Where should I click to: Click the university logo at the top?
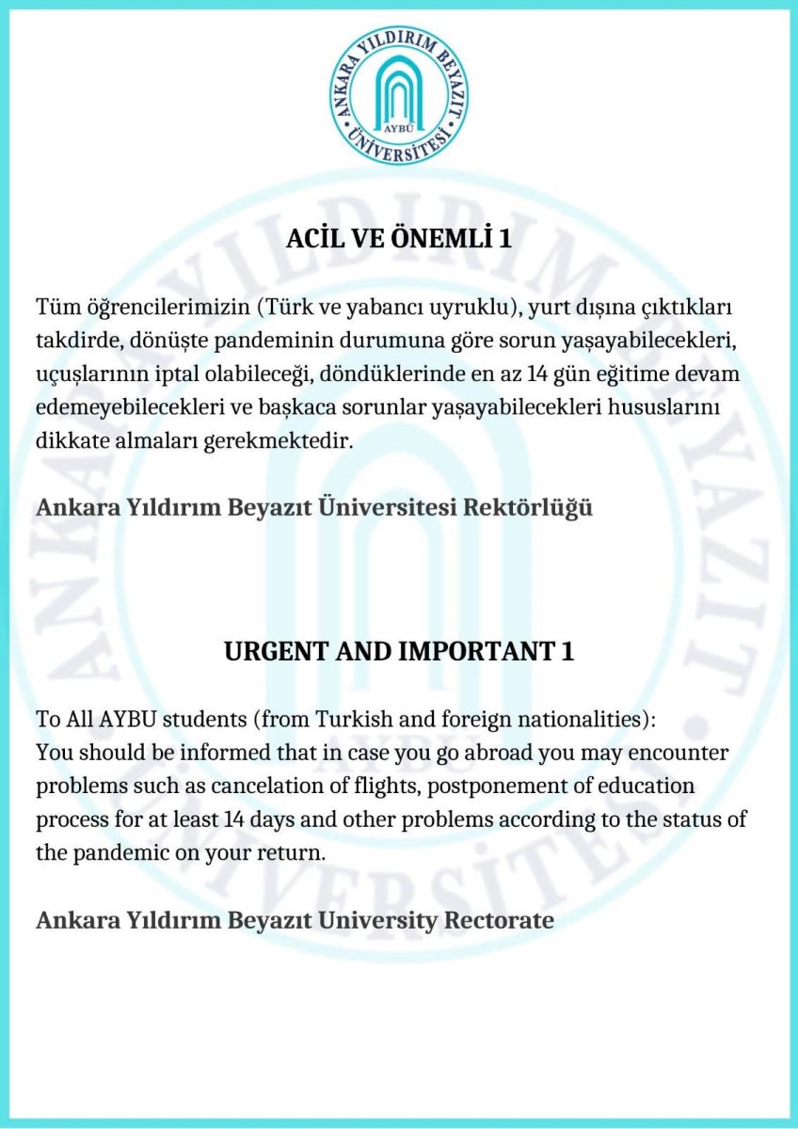(x=400, y=96)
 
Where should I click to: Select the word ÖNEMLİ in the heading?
(x=435, y=239)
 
